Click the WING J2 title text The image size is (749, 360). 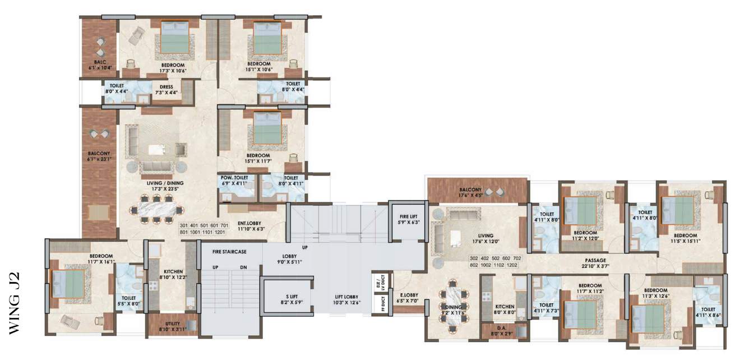pyautogui.click(x=15, y=303)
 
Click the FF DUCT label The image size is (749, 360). pyautogui.click(x=383, y=304)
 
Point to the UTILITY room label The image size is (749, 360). pyautogui.click(x=173, y=324)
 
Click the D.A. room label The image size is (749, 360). pyautogui.click(x=502, y=328)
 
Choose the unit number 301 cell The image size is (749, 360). pyautogui.click(x=184, y=226)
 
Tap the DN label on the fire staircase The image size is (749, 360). pyautogui.click(x=243, y=267)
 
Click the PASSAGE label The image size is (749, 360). pyautogui.click(x=595, y=260)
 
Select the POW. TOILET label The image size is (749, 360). pyautogui.click(x=234, y=178)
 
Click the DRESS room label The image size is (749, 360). pyautogui.click(x=166, y=87)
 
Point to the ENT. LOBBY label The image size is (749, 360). pyautogui.click(x=249, y=223)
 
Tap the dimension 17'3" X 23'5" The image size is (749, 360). pyautogui.click(x=165, y=189)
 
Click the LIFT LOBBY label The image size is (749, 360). pyautogui.click(x=346, y=297)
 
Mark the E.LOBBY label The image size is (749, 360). pyautogui.click(x=409, y=295)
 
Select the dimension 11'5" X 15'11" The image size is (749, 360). pyautogui.click(x=685, y=241)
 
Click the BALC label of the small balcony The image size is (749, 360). pyautogui.click(x=100, y=62)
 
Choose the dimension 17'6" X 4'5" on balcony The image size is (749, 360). pyautogui.click(x=470, y=195)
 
